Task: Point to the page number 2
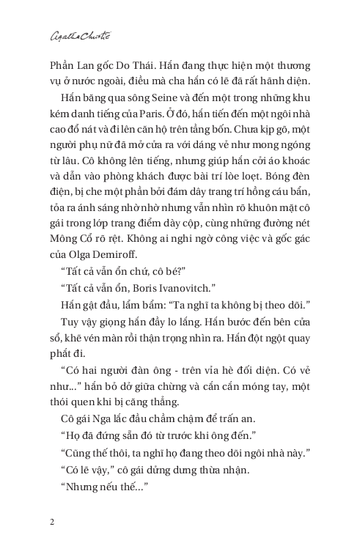coord(51,522)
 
